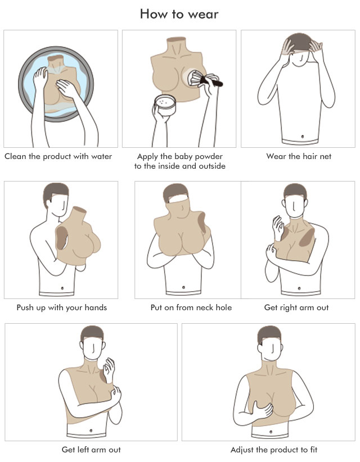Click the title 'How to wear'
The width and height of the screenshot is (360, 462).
[x=179, y=14]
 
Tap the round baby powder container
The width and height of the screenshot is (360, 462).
[x=165, y=105]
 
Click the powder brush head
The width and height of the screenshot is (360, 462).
[x=196, y=78]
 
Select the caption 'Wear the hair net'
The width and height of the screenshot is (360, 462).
[x=299, y=156]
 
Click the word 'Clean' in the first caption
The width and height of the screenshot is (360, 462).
[x=15, y=156]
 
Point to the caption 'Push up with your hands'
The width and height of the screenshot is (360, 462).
[x=62, y=307]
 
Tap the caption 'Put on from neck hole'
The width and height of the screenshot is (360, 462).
[x=191, y=307]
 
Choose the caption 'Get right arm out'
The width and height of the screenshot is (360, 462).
[x=296, y=307]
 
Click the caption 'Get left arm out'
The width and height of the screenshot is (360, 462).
[x=91, y=450]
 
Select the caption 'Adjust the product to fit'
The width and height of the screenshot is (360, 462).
[x=274, y=450]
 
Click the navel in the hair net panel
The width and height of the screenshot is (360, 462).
[x=303, y=137]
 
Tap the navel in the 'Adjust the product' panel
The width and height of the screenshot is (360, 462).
[x=271, y=432]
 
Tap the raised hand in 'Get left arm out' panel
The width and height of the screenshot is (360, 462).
[x=109, y=370]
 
